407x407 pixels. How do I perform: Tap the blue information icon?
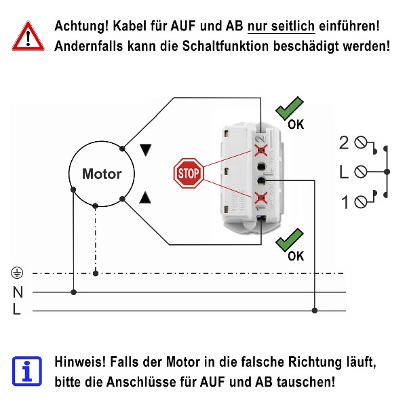[26, 370]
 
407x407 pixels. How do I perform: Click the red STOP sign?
[188, 174]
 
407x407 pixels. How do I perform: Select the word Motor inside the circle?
[102, 174]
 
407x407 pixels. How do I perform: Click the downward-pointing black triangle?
[145, 150]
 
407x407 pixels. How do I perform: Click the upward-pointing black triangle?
[145, 198]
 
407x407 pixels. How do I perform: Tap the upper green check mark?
[290, 109]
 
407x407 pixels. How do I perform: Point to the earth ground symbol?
[18, 273]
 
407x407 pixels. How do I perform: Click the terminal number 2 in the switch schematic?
[344, 142]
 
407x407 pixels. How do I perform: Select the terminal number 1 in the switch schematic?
[345, 201]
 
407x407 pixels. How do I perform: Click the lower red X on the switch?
[260, 197]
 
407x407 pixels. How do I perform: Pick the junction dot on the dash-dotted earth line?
[96, 274]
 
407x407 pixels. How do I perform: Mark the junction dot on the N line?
[73, 292]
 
